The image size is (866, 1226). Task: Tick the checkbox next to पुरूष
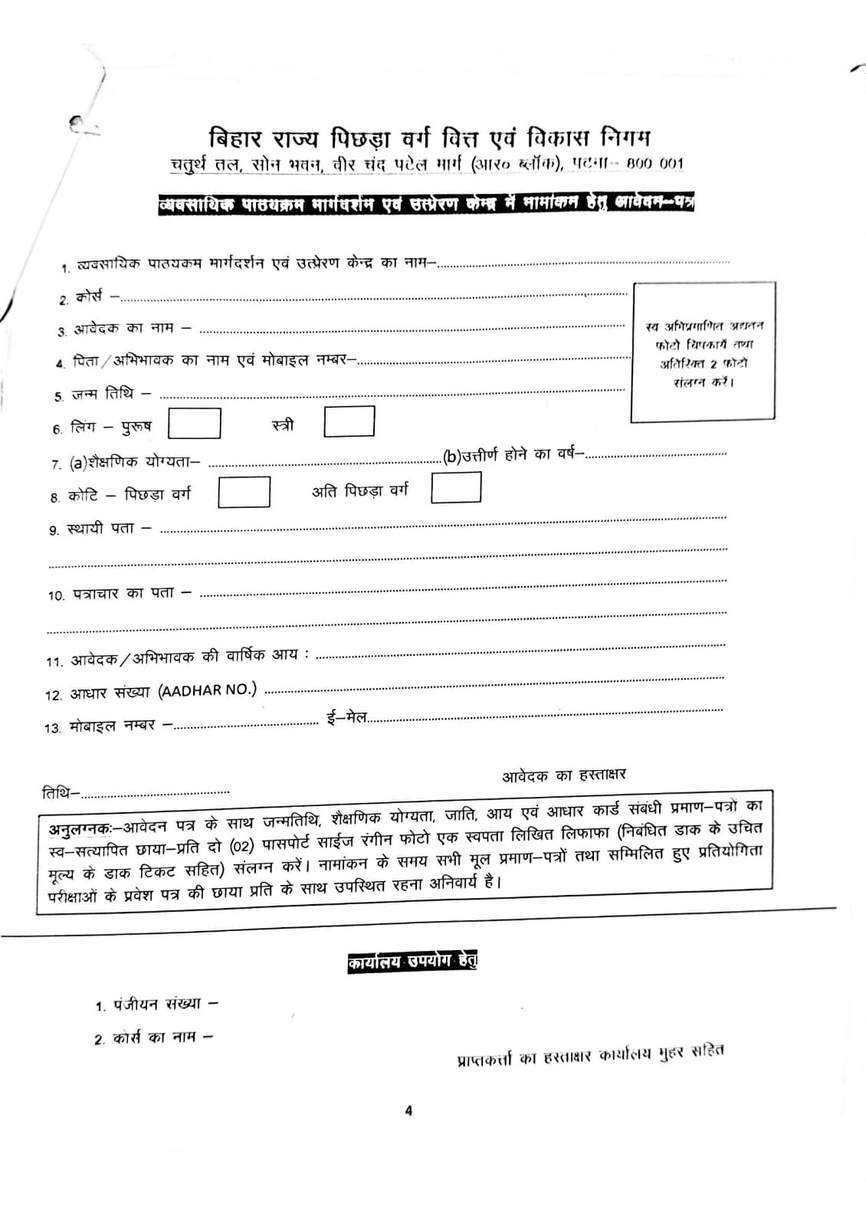[195, 423]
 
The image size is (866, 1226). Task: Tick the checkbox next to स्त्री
[349, 421]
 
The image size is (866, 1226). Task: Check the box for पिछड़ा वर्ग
[244, 492]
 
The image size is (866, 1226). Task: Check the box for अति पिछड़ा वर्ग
[456, 487]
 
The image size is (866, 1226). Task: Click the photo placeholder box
[703, 351]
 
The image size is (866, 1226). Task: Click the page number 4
[408, 1110]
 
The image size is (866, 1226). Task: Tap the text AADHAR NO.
[208, 690]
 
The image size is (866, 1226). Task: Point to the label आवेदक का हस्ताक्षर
[564, 775]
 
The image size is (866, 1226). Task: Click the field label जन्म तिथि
[103, 394]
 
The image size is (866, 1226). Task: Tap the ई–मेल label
[346, 719]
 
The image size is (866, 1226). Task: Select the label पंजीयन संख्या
[157, 1004]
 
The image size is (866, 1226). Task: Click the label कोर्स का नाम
[154, 1038]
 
